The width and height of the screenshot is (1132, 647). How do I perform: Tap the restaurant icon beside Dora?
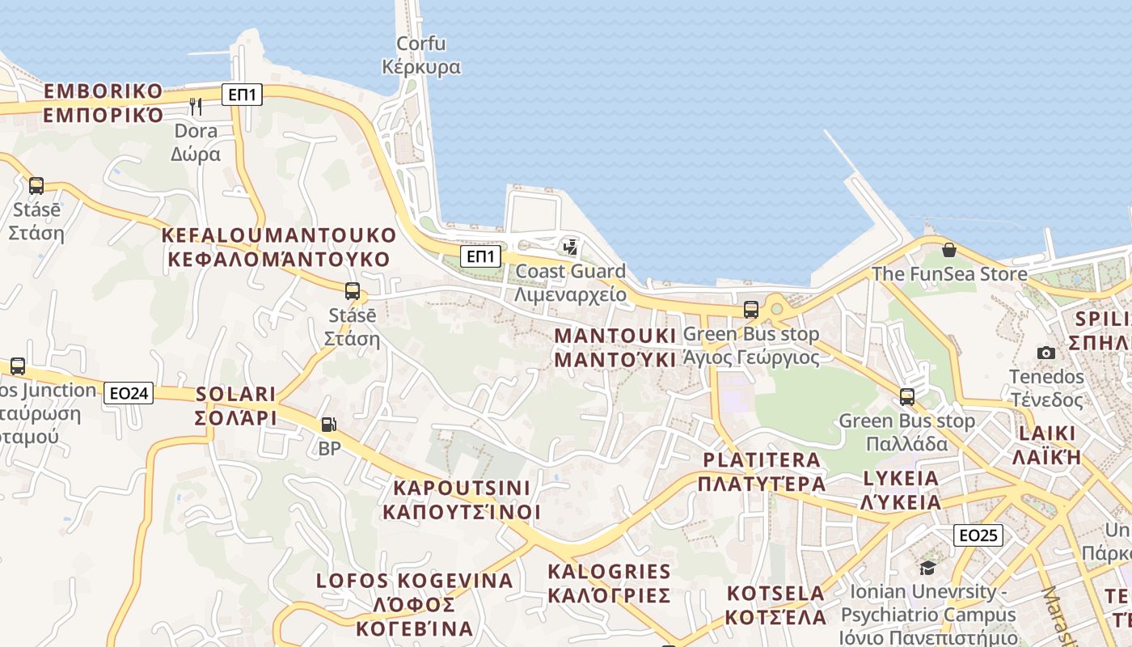click(195, 106)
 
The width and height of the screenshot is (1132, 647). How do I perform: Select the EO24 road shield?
click(129, 393)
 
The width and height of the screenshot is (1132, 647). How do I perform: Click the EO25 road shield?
click(978, 535)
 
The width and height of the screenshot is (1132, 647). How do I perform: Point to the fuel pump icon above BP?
click(328, 424)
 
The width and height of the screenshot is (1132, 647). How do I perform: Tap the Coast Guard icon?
click(571, 247)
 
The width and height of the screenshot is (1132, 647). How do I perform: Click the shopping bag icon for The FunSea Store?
click(949, 250)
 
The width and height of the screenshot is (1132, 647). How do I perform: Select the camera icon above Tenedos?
click(1046, 353)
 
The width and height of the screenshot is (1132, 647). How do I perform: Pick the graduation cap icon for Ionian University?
click(927, 568)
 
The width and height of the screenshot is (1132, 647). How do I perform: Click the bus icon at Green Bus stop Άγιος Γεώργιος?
click(751, 310)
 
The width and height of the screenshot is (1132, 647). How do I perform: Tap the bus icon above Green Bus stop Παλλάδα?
click(907, 397)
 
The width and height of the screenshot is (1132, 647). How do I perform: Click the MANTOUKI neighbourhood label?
click(615, 347)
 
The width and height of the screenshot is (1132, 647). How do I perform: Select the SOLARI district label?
click(236, 406)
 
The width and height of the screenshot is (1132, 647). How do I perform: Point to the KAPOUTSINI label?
click(461, 500)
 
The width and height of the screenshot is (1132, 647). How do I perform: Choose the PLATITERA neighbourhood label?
click(762, 472)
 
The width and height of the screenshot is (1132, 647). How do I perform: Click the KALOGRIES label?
click(610, 583)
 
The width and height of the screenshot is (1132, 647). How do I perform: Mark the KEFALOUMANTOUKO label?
click(279, 247)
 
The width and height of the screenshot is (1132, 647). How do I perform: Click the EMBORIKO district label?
click(103, 102)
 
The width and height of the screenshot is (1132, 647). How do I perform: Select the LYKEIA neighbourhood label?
click(902, 489)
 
